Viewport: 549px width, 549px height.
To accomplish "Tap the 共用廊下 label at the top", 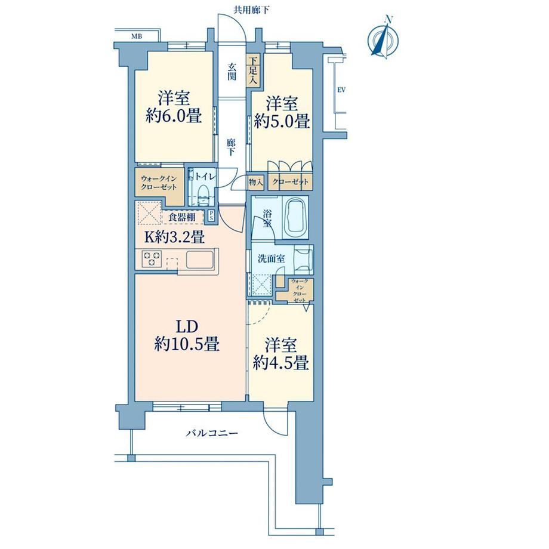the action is (x=251, y=10).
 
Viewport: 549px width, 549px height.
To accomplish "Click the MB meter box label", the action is (x=137, y=36).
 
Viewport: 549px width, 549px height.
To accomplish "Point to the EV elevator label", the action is (x=341, y=90).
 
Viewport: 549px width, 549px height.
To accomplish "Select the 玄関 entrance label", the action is (x=232, y=72).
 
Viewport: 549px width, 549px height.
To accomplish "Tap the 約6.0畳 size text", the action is (x=174, y=116).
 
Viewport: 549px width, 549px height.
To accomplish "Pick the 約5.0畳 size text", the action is (x=282, y=122).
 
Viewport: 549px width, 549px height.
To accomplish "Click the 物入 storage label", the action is (x=255, y=182).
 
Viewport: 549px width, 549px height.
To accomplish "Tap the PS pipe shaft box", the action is (x=211, y=215).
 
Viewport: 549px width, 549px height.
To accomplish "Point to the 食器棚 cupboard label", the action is (x=182, y=217).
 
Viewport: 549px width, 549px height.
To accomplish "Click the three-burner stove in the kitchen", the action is (x=152, y=259).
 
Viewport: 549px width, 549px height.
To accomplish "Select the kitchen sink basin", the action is (x=199, y=260).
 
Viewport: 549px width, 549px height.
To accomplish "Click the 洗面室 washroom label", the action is (x=272, y=259).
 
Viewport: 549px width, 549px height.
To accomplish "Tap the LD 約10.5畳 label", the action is (x=187, y=335).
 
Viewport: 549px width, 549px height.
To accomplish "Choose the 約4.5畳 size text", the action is (x=281, y=363).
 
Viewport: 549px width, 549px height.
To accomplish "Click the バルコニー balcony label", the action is (x=212, y=433).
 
